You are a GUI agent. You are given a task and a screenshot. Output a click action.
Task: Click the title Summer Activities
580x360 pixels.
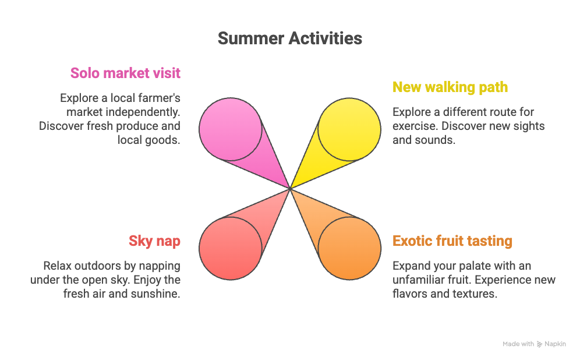tap(289, 38)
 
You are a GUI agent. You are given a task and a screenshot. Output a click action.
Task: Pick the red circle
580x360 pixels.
tap(230, 249)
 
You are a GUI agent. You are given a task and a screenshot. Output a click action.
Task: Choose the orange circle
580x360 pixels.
tap(349, 249)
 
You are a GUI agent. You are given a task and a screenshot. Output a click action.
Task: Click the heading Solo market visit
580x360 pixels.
tap(125, 73)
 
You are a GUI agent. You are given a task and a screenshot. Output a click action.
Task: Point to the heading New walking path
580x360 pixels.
tap(450, 87)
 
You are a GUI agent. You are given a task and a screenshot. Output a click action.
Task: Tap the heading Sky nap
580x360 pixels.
tap(154, 241)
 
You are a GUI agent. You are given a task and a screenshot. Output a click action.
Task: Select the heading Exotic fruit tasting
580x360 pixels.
tap(452, 241)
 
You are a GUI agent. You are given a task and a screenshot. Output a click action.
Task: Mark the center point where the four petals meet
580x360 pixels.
tap(290, 189)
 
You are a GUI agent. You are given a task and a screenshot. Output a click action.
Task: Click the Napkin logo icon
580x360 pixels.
tap(540, 344)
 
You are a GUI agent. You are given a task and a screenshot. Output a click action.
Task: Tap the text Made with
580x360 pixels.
tap(518, 344)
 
